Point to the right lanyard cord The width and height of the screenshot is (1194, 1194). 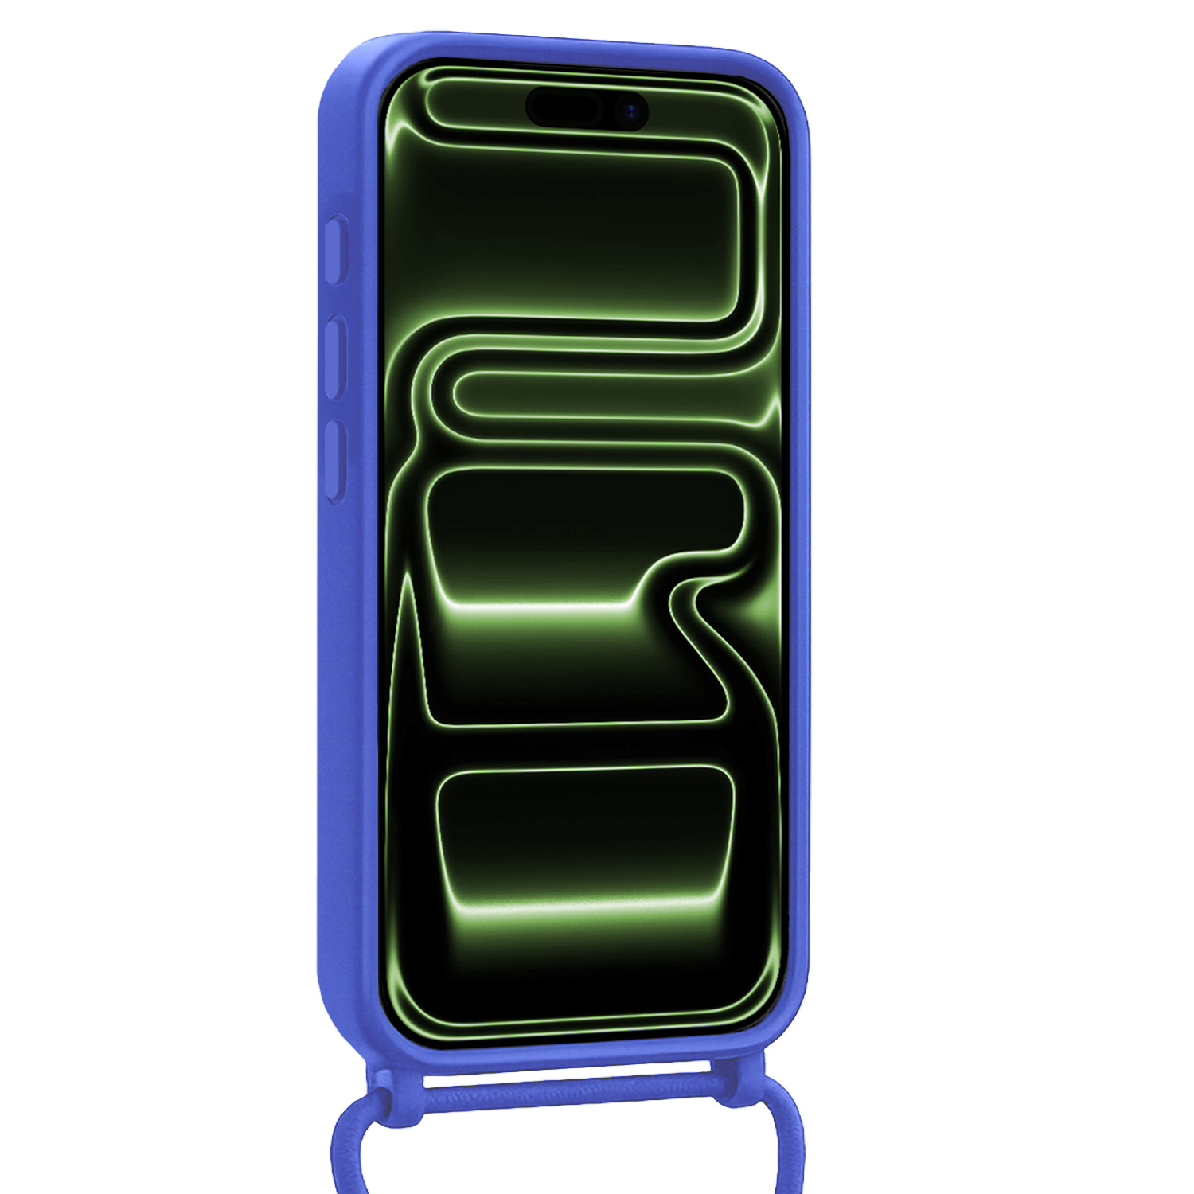coord(789,1146)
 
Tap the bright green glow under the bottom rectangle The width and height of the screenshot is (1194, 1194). coord(585,907)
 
